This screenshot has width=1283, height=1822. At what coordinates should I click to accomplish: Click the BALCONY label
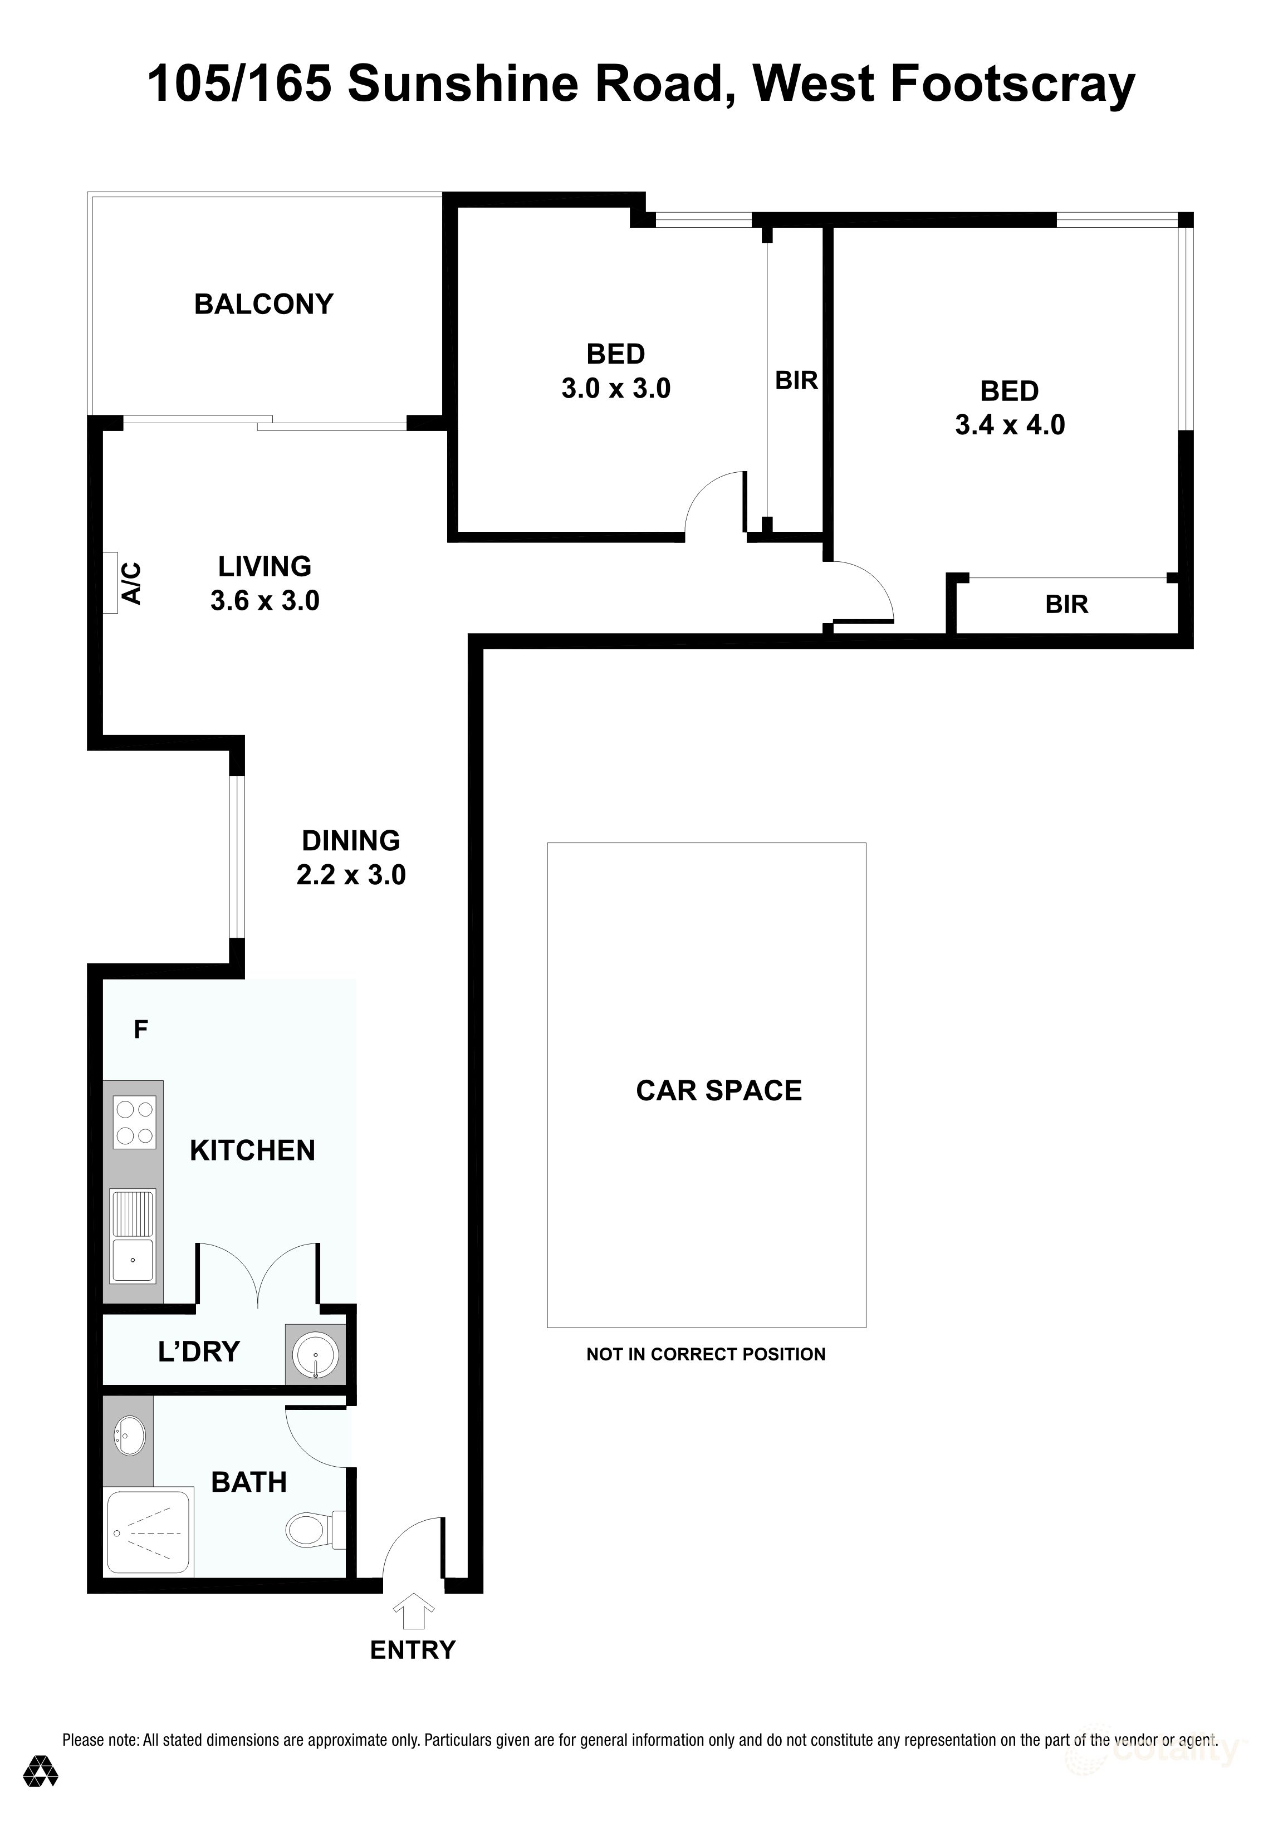click(263, 304)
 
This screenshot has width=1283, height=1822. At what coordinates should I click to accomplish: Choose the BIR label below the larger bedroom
click(1066, 605)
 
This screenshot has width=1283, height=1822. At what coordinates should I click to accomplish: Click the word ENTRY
click(413, 1650)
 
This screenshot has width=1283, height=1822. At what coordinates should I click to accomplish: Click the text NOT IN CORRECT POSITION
click(706, 1355)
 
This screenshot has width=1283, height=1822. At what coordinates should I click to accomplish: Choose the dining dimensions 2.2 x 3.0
click(351, 875)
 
